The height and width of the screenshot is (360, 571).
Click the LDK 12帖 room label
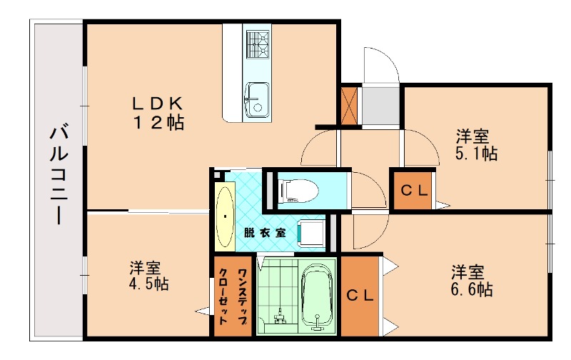pyautogui.click(x=157, y=112)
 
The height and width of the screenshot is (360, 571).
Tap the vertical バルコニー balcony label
pyautogui.click(x=59, y=175)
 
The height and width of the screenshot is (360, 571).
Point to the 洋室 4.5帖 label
pyautogui.click(x=148, y=276)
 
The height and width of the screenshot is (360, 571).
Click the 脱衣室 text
pyautogui.click(x=264, y=232)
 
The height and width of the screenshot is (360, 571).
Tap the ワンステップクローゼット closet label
pyautogui.click(x=233, y=295)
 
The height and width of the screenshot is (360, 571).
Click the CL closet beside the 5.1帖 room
pyautogui.click(x=413, y=190)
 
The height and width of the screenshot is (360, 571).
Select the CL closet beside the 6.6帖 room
pyautogui.click(x=360, y=296)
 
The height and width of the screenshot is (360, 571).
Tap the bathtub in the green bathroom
pyautogui.click(x=315, y=294)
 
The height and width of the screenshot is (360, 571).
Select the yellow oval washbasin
pyautogui.click(x=225, y=218)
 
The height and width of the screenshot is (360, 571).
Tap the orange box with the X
pyautogui.click(x=350, y=105)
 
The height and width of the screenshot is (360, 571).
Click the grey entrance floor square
pyautogui.click(x=380, y=106)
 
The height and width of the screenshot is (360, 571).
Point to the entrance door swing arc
pyautogui.click(x=382, y=64)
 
